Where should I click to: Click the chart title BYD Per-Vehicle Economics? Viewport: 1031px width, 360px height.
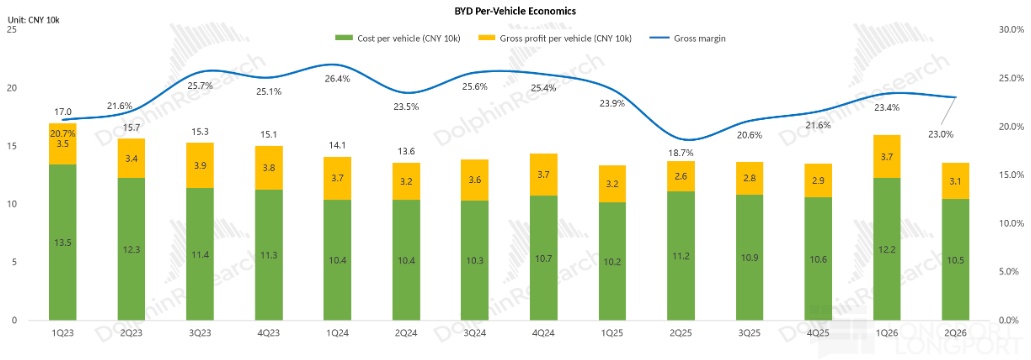516,11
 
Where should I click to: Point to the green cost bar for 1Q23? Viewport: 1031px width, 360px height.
63,242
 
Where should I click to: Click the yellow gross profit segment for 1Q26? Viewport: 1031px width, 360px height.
886,156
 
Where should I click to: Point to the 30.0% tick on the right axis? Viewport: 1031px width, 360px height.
1010,30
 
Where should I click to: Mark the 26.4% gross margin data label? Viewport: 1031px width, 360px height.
337,79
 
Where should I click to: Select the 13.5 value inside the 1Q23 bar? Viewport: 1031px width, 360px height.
63,242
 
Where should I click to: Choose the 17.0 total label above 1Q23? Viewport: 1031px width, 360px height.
63,112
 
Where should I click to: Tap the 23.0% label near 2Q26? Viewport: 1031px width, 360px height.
941,134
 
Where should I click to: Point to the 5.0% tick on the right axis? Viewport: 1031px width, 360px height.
1012,271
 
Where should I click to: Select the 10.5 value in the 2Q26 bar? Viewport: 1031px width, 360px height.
955,259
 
